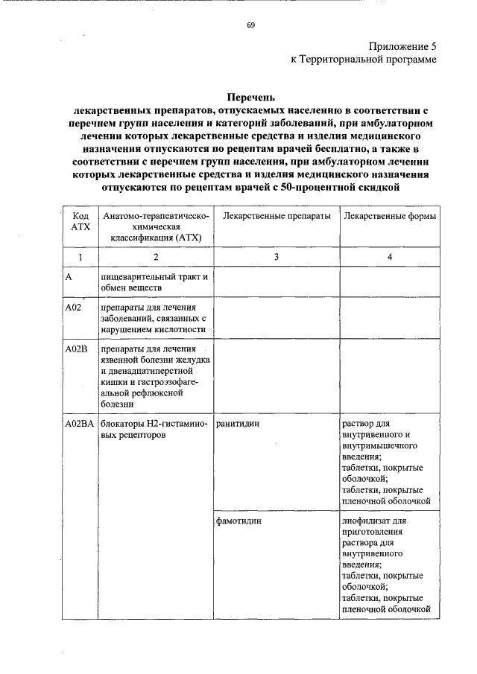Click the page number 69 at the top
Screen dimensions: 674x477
pyautogui.click(x=250, y=25)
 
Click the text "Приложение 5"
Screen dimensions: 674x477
pyautogui.click(x=402, y=47)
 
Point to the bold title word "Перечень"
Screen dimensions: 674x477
pyautogui.click(x=250, y=97)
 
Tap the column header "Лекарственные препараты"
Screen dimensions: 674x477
pyautogui.click(x=276, y=215)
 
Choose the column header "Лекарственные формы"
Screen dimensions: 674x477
pyautogui.click(x=389, y=215)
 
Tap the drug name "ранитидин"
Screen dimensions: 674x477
pyautogui.click(x=238, y=424)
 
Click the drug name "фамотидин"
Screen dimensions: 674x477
pyautogui.click(x=239, y=521)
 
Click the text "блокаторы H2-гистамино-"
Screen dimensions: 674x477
pyautogui.click(x=155, y=424)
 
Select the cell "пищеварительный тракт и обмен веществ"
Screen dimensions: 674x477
pyautogui.click(x=154, y=282)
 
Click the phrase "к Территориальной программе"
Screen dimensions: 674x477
pyautogui.click(x=364, y=60)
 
